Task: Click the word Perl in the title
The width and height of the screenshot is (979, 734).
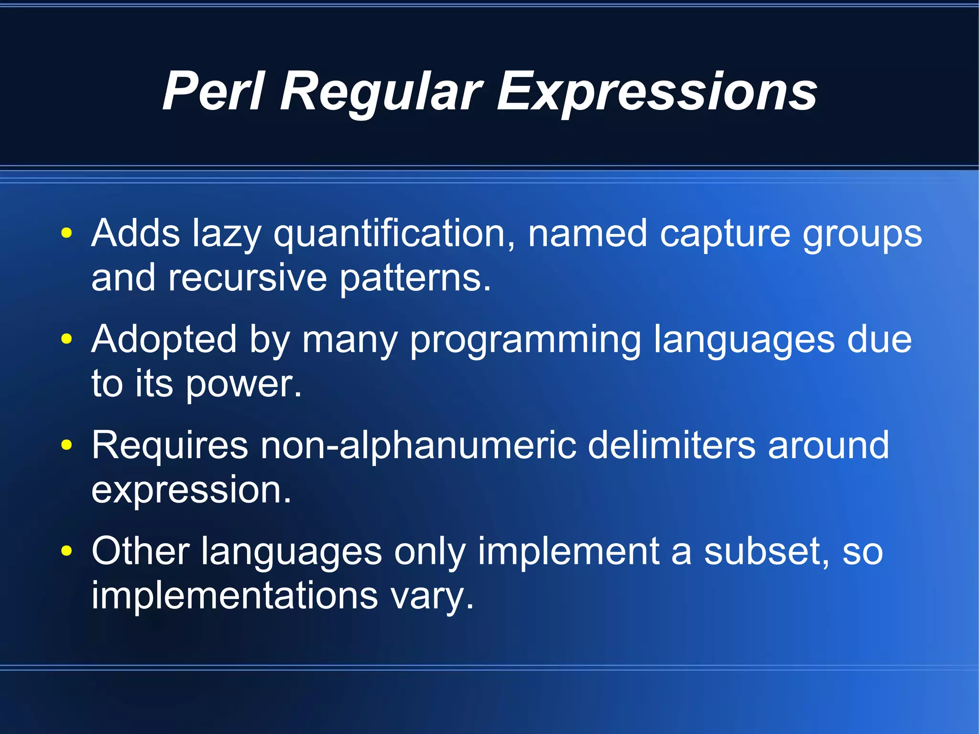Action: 213,91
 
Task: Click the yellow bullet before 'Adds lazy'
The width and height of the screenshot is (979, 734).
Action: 66,233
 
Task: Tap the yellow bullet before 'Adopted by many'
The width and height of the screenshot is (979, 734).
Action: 66,339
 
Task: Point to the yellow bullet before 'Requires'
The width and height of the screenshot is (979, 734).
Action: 66,445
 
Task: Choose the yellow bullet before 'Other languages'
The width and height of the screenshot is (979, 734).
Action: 66,551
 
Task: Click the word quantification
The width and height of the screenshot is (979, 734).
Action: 394,234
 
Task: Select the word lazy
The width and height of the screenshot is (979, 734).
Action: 227,234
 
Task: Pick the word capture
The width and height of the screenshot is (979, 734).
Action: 725,234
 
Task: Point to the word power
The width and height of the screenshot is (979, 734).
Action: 244,384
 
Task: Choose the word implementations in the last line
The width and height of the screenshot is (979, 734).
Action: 235,595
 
